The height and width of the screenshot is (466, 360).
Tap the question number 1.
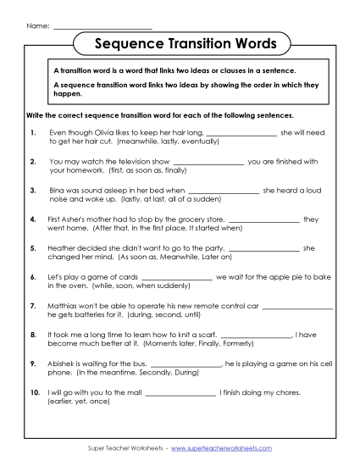pyautogui.click(x=32, y=132)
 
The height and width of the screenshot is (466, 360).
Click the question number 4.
pyautogui.click(x=32, y=219)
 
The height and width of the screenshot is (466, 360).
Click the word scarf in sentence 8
pyautogui.click(x=193, y=334)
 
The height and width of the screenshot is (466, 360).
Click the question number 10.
pyautogui.click(x=34, y=391)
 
